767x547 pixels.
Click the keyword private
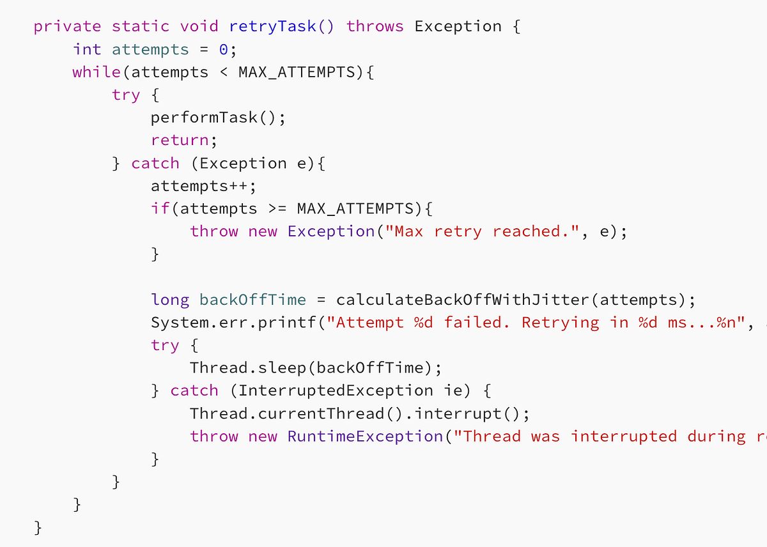(67, 26)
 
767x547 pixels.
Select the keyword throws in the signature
(375, 26)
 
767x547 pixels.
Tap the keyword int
(87, 49)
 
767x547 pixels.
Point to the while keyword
(97, 72)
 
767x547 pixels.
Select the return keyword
(180, 140)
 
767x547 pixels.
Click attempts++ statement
(203, 186)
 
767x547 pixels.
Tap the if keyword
(160, 208)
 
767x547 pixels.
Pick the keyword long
(170, 300)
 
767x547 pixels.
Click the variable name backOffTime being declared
(252, 300)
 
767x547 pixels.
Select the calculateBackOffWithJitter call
(463, 300)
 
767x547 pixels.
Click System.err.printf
(233, 323)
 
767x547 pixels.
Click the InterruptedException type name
(336, 390)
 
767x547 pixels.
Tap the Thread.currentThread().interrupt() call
(360, 413)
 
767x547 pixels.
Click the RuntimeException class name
(365, 436)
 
